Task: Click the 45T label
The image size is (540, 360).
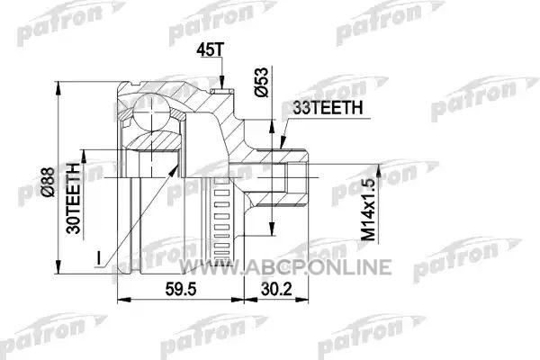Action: pos(211,50)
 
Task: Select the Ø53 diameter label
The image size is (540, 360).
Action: pos(261,82)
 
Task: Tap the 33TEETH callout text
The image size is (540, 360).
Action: pos(328,108)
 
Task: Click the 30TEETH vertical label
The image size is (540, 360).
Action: pos(74,198)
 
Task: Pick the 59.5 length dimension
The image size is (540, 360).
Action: pos(181,289)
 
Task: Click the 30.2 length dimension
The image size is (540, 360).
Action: pos(276,289)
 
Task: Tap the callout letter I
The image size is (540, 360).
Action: pos(99,258)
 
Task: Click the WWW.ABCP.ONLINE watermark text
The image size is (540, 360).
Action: pos(285,267)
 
